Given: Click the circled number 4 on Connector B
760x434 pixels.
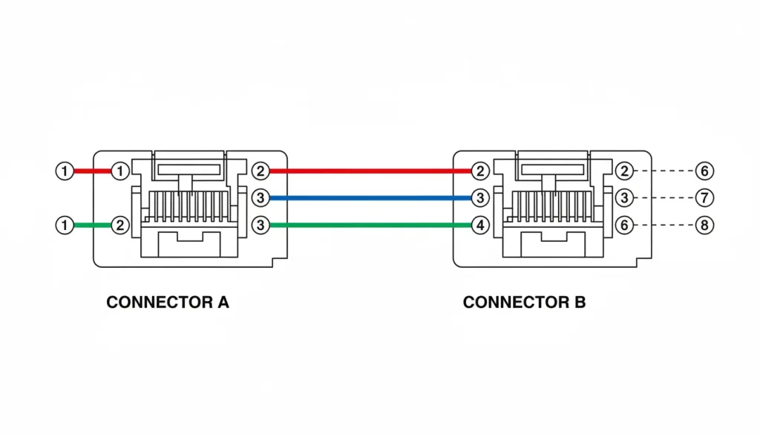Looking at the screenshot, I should pyautogui.click(x=480, y=225).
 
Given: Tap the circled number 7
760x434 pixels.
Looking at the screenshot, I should pyautogui.click(x=704, y=198).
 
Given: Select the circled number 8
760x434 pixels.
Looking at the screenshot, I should pyautogui.click(x=704, y=225).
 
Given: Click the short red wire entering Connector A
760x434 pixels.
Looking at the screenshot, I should pyautogui.click(x=92, y=171).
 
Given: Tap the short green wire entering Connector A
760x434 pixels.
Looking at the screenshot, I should pyautogui.click(x=92, y=225).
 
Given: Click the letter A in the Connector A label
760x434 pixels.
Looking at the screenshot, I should pyautogui.click(x=223, y=303).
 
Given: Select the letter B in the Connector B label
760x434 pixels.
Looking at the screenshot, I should pyautogui.click(x=579, y=303).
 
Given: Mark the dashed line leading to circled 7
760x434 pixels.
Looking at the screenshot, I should pyautogui.click(x=664, y=198).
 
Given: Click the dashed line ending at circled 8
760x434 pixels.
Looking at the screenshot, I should pyautogui.click(x=664, y=225).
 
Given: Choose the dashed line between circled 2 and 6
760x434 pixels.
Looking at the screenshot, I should pyautogui.click(x=664, y=171).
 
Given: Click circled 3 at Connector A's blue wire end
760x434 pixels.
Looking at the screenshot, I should pyautogui.click(x=261, y=198).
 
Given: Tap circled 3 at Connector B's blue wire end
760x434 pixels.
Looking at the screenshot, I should pyautogui.click(x=480, y=198).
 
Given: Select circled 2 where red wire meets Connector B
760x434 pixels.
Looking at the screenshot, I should pyautogui.click(x=480, y=171).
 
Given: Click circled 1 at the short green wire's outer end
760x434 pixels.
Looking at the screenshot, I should pyautogui.click(x=65, y=225).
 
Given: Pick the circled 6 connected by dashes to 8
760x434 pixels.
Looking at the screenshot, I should pyautogui.click(x=625, y=225).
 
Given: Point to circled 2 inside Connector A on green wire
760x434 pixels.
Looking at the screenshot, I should pyautogui.click(x=119, y=225).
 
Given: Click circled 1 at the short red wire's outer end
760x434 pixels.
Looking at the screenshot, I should pyautogui.click(x=65, y=171).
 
